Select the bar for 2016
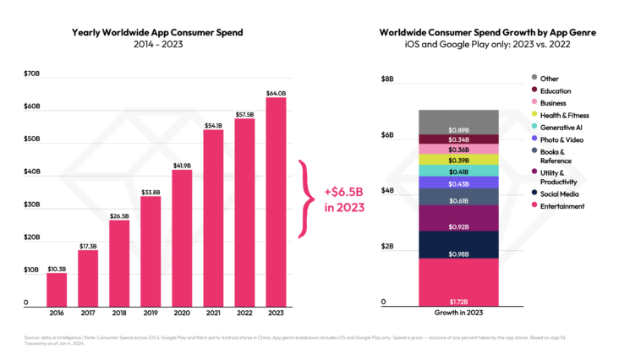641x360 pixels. point(57,288)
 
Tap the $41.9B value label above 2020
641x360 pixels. point(182,165)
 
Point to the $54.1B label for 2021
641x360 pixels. point(213,125)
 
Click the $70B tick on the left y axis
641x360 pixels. point(31,74)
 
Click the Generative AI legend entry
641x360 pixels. point(562,126)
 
